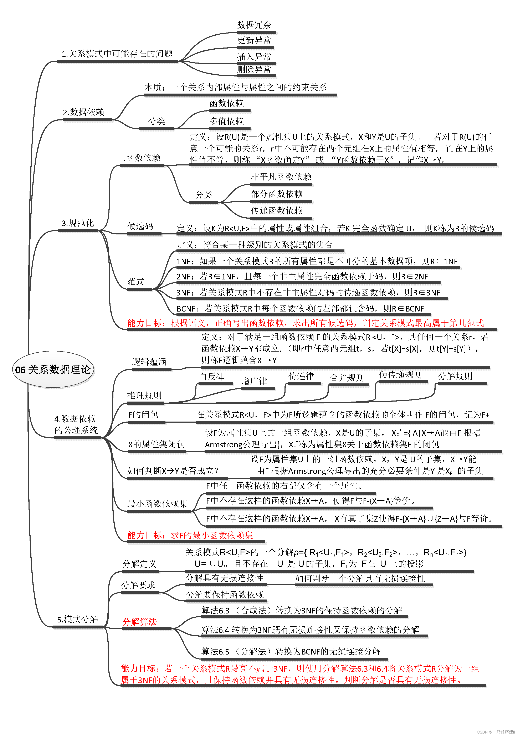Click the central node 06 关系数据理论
53,370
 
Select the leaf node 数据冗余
254,25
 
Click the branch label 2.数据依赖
84,112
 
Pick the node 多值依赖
227,121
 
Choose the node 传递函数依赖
277,211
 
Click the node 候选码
140,226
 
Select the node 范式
136,282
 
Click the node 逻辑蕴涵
149,362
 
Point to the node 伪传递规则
400,375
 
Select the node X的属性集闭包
156,444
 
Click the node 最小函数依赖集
158,504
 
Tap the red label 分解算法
140,622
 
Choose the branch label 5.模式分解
77,619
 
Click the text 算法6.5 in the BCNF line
215,651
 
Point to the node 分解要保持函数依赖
225,595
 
